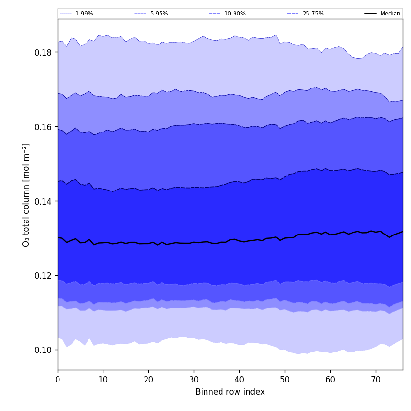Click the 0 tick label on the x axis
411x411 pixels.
(x=58, y=380)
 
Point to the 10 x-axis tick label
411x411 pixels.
(x=103, y=380)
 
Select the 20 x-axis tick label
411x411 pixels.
(x=148, y=380)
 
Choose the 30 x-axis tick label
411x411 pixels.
(x=194, y=380)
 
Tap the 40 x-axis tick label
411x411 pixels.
(x=239, y=380)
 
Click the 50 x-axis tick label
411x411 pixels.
(x=285, y=380)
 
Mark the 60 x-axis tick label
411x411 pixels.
(x=330, y=380)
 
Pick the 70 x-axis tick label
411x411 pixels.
(x=376, y=380)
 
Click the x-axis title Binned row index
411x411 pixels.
(x=230, y=392)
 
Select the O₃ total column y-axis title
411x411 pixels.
(x=26, y=194)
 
